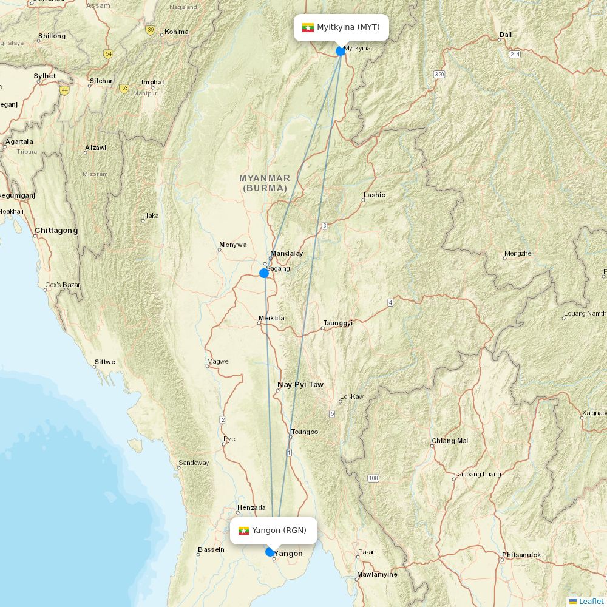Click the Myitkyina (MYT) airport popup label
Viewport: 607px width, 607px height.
[x=341, y=27]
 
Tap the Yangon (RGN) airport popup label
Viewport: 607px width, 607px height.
[x=274, y=531]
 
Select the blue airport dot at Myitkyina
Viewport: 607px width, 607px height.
[x=341, y=51]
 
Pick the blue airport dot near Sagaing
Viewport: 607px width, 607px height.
[x=264, y=273]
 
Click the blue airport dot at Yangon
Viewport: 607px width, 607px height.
[x=270, y=552]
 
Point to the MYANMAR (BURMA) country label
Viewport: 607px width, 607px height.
[x=265, y=183]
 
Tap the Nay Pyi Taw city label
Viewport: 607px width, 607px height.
[x=300, y=385]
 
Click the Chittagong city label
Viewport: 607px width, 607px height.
[x=56, y=231]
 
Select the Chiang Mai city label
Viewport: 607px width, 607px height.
[x=450, y=441]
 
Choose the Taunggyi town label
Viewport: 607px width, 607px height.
[x=337, y=323]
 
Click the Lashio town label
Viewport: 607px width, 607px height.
[x=374, y=195]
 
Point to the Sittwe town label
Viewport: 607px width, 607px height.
[x=104, y=362]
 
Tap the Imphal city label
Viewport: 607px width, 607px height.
[x=152, y=82]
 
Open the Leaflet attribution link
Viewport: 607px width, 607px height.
[x=591, y=601]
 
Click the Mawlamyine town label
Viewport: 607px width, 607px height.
[x=377, y=574]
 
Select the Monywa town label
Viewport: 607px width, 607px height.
[x=233, y=245]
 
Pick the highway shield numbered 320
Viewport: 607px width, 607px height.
[x=439, y=74]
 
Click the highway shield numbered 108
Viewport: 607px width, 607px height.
[x=373, y=478]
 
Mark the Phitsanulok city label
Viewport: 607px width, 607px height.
[x=521, y=555]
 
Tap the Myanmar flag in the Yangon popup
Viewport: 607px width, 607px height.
[x=244, y=531]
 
